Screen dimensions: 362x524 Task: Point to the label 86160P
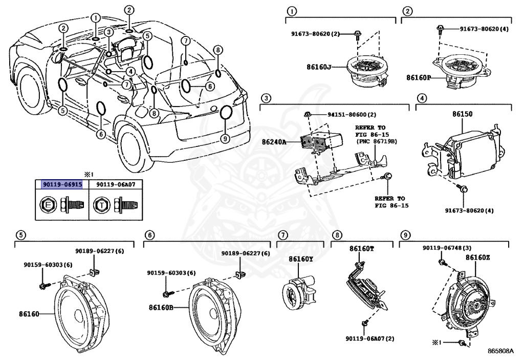(419, 78)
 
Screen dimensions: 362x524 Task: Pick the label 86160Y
(300, 259)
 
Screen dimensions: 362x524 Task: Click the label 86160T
(362, 248)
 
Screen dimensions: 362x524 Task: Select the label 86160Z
(477, 258)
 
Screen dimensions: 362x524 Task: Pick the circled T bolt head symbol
(102, 206)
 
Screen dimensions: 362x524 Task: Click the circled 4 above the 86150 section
(421, 98)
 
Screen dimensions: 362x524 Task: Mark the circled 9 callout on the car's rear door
(225, 139)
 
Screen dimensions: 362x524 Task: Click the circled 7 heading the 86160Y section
(282, 235)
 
